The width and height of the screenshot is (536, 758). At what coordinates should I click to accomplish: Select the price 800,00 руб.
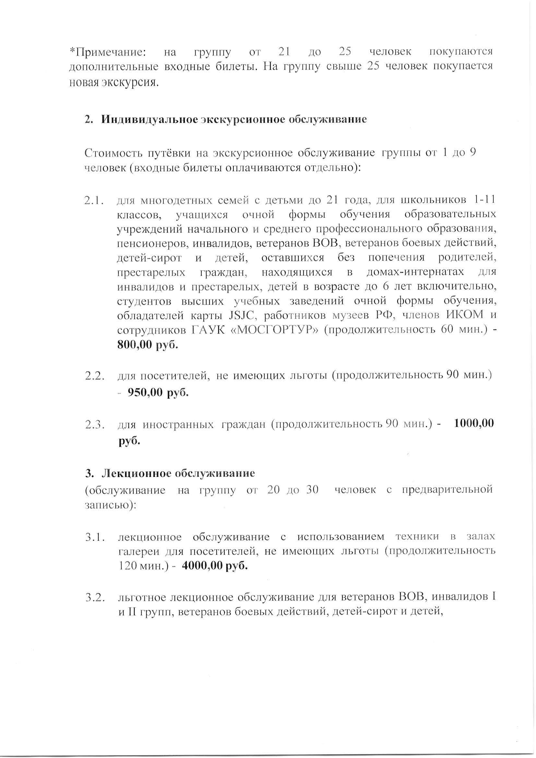(x=148, y=345)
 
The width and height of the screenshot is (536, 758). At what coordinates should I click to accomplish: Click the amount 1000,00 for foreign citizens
(x=474, y=423)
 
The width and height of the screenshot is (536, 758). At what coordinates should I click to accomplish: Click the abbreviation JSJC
(x=241, y=315)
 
